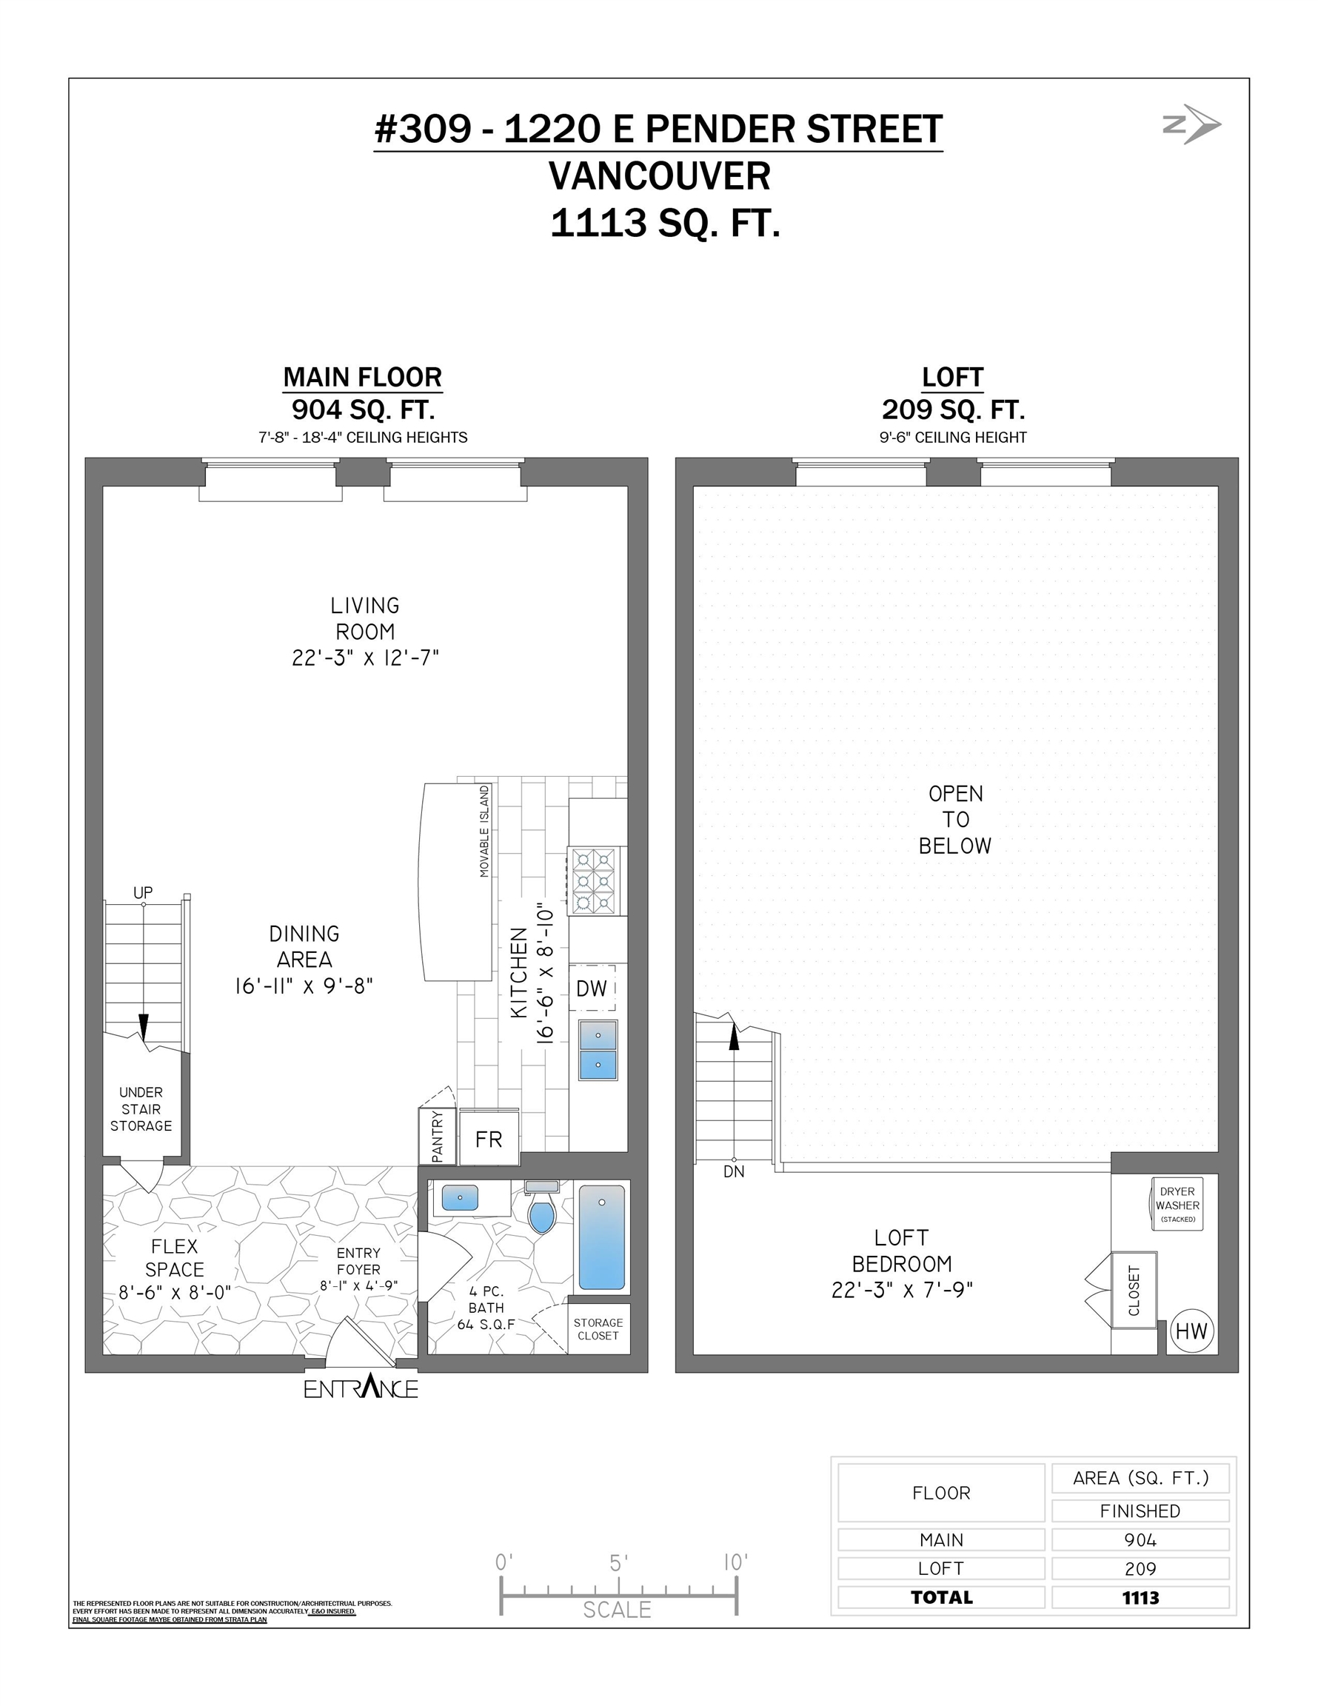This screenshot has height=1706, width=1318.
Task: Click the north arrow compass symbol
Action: tap(1192, 124)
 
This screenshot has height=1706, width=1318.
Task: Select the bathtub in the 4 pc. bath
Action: tap(601, 1237)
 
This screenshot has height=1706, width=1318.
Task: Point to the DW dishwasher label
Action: tap(592, 989)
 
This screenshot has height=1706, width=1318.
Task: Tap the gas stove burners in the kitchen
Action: tap(595, 881)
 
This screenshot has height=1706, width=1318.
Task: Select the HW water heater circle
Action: tap(1191, 1332)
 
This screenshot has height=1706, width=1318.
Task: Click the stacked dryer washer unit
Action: tap(1177, 1204)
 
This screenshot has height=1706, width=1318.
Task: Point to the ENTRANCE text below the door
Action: tap(361, 1388)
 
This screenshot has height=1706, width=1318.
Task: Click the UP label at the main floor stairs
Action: tap(143, 892)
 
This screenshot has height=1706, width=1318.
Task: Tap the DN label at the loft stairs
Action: tap(734, 1171)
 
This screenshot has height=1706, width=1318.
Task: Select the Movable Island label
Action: tap(485, 831)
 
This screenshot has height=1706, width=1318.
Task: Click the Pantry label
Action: tap(438, 1137)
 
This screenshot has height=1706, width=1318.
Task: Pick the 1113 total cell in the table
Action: tap(1140, 1597)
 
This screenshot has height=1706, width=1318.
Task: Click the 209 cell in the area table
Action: tap(1140, 1568)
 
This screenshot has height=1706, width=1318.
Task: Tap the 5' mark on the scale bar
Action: tap(618, 1563)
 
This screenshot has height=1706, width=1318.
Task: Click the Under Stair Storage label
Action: tap(141, 1108)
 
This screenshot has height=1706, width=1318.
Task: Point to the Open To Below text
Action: tap(954, 820)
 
